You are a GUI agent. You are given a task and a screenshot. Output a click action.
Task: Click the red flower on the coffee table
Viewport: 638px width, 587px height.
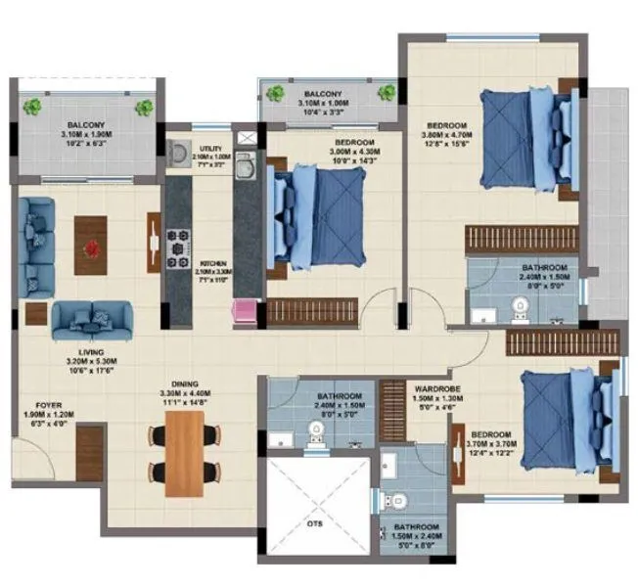[93, 247]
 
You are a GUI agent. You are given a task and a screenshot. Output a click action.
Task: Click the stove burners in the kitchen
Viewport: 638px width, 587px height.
[179, 248]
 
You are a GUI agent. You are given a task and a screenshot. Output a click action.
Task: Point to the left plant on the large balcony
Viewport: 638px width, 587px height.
[34, 106]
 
